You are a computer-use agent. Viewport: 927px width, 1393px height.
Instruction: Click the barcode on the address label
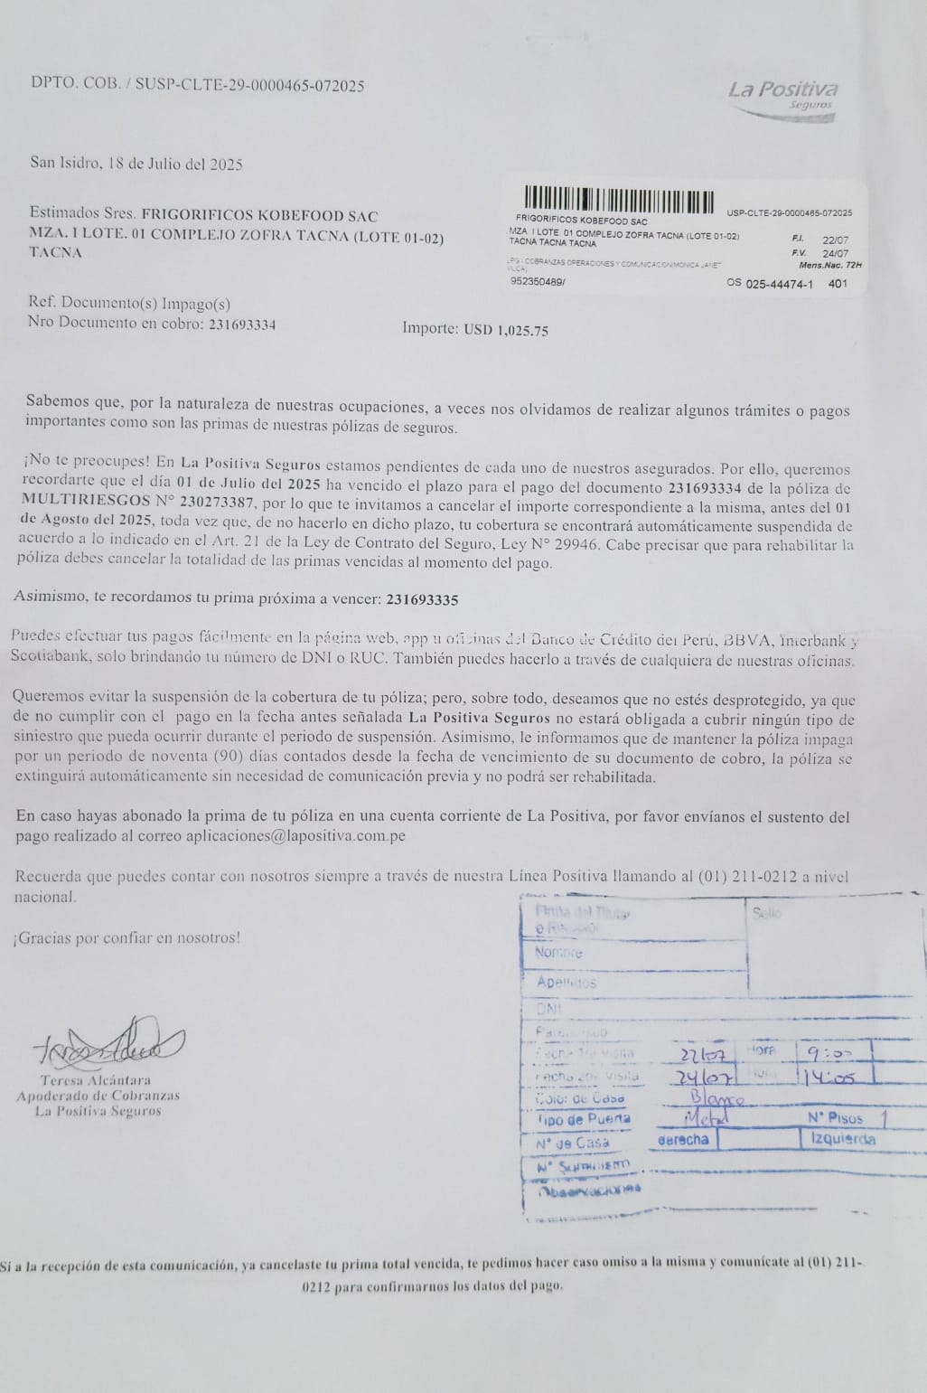coord(619,198)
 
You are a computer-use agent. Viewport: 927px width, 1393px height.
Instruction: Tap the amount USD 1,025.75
coord(506,330)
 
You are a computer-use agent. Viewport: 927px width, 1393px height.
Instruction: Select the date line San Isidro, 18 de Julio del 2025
coord(136,165)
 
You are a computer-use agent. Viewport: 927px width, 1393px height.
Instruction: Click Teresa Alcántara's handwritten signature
coord(111,1049)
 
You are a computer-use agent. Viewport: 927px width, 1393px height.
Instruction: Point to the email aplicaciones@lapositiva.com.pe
coord(295,836)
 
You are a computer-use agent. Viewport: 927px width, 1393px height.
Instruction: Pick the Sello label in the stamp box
coord(766,914)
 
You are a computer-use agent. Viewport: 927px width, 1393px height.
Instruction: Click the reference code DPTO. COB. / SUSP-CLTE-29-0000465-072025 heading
coord(198,86)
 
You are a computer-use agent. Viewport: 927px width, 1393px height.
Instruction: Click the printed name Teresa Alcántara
coord(96,1080)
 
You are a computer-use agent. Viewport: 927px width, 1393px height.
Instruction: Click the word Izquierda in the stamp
coord(838,1140)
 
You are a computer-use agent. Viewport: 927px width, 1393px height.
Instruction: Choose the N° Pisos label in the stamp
coord(833,1118)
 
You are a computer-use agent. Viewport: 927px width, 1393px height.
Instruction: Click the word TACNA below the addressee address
coord(56,252)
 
